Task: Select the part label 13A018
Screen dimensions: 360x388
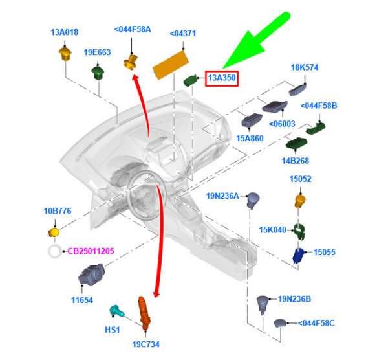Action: pos(65,32)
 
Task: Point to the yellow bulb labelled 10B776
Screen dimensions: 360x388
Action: pos(54,232)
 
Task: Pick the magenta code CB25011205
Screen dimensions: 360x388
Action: pos(91,251)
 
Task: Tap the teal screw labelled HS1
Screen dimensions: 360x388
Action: pos(117,311)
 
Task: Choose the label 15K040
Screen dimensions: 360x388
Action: pos(272,230)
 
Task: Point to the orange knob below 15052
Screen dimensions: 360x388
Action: pos(300,199)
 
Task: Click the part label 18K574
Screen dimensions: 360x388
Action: pos(305,67)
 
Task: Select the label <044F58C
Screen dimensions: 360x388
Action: pos(316,322)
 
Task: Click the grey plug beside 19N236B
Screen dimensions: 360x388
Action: pos(263,302)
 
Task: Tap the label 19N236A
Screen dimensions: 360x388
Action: pos(222,196)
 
